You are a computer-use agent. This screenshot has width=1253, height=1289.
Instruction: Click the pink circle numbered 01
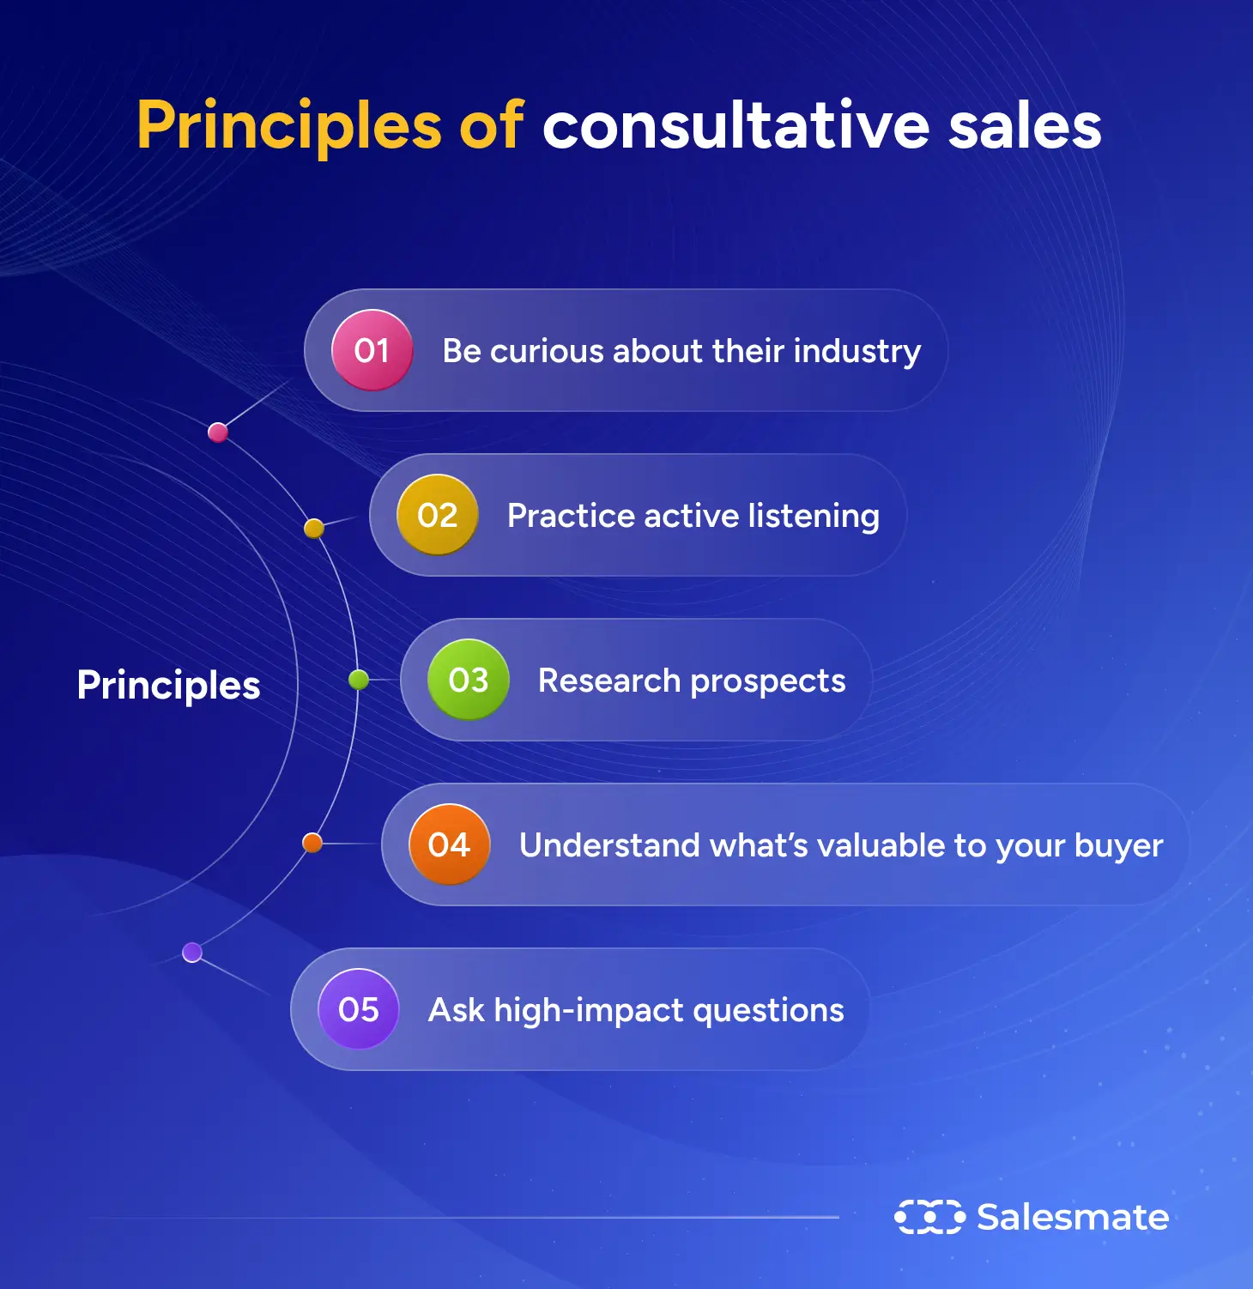click(x=372, y=350)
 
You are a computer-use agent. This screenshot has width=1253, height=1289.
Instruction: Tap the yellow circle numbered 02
click(x=437, y=515)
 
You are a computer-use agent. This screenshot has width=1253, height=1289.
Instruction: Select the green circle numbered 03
click(x=468, y=680)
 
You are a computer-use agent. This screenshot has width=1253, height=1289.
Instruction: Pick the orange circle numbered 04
click(x=449, y=844)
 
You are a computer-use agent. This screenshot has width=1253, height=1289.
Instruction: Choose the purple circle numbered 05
click(x=358, y=1009)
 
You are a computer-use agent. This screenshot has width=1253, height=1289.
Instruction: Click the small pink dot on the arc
click(x=218, y=432)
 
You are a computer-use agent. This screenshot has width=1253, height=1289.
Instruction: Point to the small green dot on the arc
click(x=359, y=680)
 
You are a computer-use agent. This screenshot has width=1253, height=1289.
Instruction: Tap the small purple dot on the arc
click(x=192, y=952)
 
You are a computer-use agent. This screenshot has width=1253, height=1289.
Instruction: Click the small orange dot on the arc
click(x=312, y=843)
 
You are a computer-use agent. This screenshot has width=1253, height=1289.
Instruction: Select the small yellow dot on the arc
click(x=314, y=528)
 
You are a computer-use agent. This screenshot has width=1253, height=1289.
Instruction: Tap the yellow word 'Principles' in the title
click(x=288, y=126)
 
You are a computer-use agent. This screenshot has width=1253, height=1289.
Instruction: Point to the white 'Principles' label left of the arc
click(x=168, y=685)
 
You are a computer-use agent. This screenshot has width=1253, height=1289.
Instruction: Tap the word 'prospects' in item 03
click(x=767, y=681)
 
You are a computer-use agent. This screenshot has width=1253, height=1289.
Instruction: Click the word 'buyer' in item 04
click(x=1118, y=846)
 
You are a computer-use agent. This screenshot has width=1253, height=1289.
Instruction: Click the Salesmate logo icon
click(x=929, y=1217)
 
